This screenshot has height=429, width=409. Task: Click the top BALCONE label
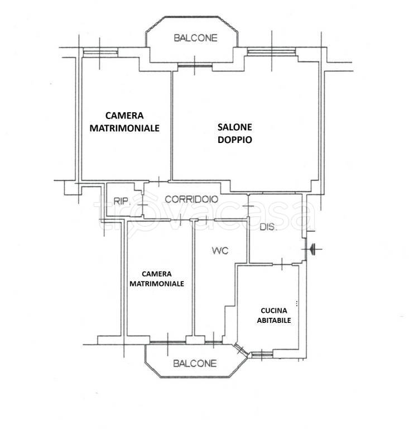click(x=195, y=39)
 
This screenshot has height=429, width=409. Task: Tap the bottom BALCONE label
click(x=195, y=364)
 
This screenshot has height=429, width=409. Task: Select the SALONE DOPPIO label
click(x=234, y=134)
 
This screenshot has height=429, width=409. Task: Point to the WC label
click(x=220, y=251)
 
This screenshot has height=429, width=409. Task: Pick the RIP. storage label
click(x=122, y=202)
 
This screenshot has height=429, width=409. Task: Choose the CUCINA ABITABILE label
click(x=273, y=316)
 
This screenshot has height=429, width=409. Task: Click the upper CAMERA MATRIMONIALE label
click(x=124, y=121)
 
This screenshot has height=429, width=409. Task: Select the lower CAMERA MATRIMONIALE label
click(x=157, y=279)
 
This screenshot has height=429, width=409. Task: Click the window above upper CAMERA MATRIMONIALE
click(x=100, y=53)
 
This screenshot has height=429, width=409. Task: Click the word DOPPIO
click(x=234, y=140)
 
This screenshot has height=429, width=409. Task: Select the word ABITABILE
click(x=273, y=321)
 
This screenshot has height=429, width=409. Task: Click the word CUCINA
click(x=274, y=311)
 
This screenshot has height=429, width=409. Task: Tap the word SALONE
click(x=234, y=127)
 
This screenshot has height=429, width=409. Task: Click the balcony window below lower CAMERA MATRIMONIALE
click(x=167, y=342)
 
